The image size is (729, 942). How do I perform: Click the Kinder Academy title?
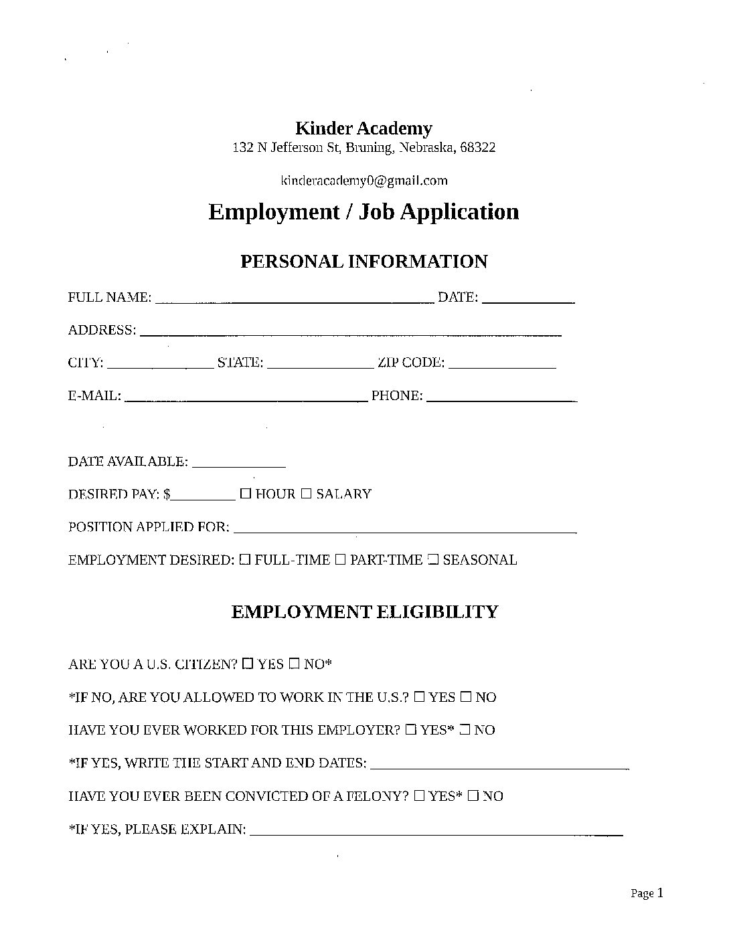point(363,128)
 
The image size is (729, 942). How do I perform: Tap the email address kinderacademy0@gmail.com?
point(363,180)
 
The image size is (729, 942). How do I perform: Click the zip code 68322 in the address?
point(478,147)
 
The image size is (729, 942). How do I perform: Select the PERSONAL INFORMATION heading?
point(363,262)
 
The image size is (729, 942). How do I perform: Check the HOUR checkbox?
point(246,494)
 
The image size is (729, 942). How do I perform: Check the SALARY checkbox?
point(306,494)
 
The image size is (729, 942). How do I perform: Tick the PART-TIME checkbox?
point(340,559)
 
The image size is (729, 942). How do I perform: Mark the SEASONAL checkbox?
point(432,559)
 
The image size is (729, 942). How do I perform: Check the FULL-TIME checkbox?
point(245,559)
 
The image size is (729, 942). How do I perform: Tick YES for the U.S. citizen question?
point(248,664)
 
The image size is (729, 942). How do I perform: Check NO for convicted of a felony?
point(473,795)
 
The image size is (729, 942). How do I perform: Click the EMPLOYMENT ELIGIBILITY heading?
point(364,612)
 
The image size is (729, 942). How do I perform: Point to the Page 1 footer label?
point(647,893)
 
